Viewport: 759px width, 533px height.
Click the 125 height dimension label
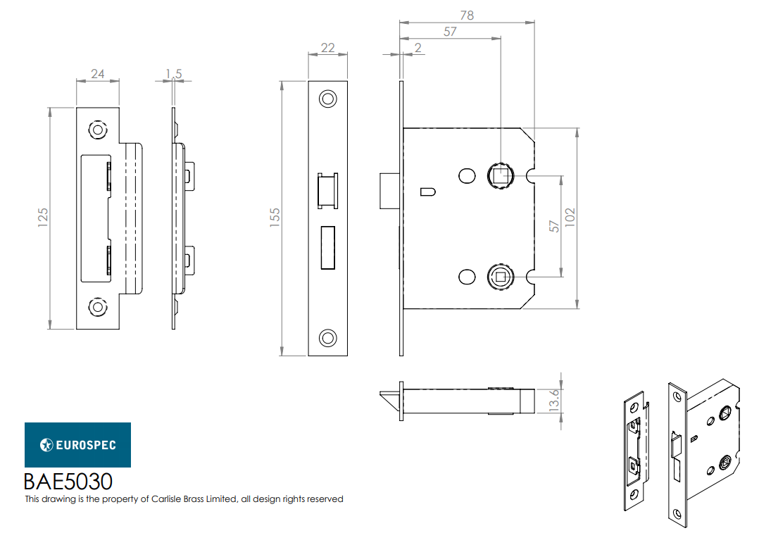(x=43, y=218)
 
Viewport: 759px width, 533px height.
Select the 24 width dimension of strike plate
(x=97, y=73)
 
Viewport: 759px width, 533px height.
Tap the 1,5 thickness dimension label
(x=174, y=73)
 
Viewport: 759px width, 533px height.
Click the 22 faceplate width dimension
(x=327, y=47)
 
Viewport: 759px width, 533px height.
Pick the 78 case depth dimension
(x=466, y=15)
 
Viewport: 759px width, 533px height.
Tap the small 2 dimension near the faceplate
(x=418, y=47)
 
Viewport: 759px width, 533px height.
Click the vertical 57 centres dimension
(x=554, y=226)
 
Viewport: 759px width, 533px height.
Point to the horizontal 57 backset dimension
(x=450, y=32)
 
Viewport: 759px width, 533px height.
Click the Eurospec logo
(x=77, y=445)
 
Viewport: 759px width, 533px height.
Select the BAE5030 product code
(x=68, y=482)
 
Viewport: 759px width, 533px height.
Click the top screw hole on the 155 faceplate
(x=327, y=99)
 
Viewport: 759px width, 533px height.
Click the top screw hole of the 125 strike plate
(x=97, y=130)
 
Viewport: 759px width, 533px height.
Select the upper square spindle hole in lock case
(x=500, y=175)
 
